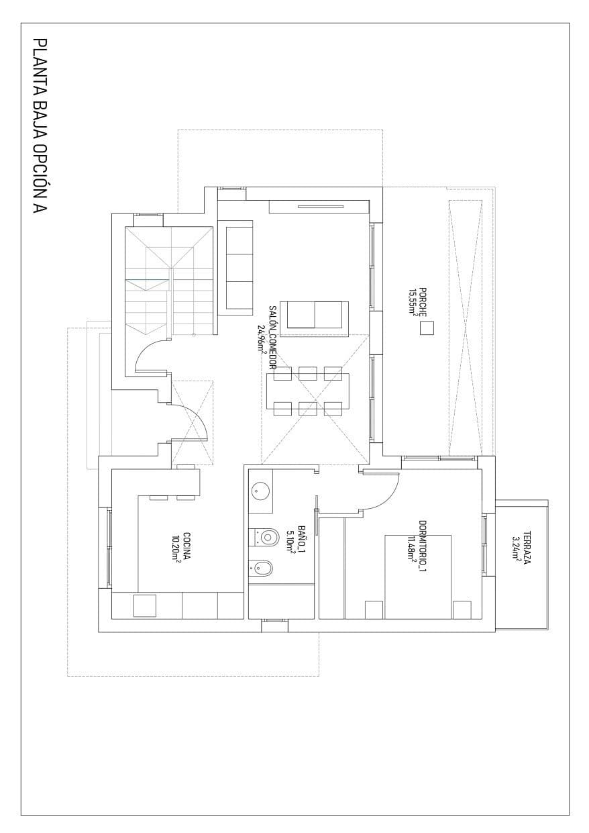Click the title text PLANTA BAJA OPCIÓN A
pos(40,127)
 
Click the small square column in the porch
pos(426,328)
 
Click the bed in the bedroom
pos(417,576)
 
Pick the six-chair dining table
pos(307,390)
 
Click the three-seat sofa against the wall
pos(239,266)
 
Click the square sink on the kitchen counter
pos(145,605)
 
